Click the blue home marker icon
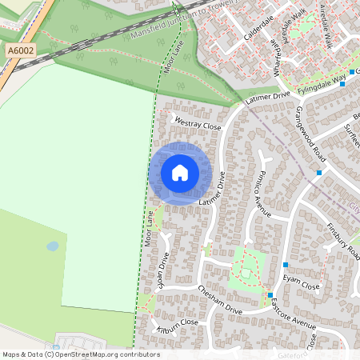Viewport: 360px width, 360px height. [x=180, y=173]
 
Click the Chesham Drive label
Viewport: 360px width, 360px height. [x=219, y=299]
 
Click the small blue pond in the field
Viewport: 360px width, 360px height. [x=53, y=246]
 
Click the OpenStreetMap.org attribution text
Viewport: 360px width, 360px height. [x=104, y=354]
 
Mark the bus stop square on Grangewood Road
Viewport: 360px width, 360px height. [x=319, y=172]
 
